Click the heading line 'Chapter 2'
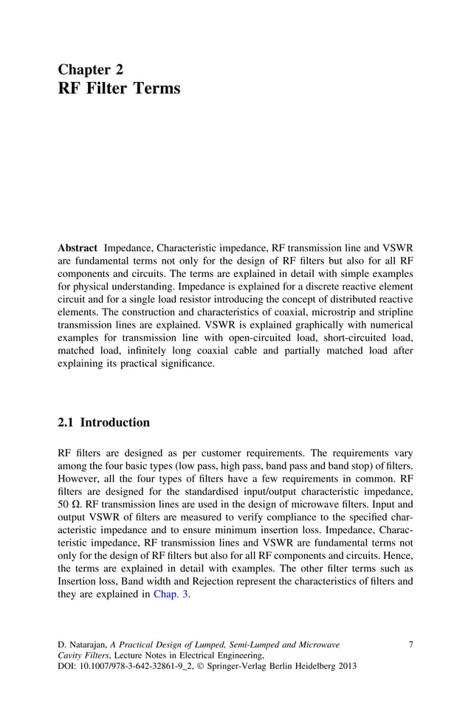91,69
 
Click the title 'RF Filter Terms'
118,89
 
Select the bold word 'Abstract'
78,249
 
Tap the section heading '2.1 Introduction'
103,423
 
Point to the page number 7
410,645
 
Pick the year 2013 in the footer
345,666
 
